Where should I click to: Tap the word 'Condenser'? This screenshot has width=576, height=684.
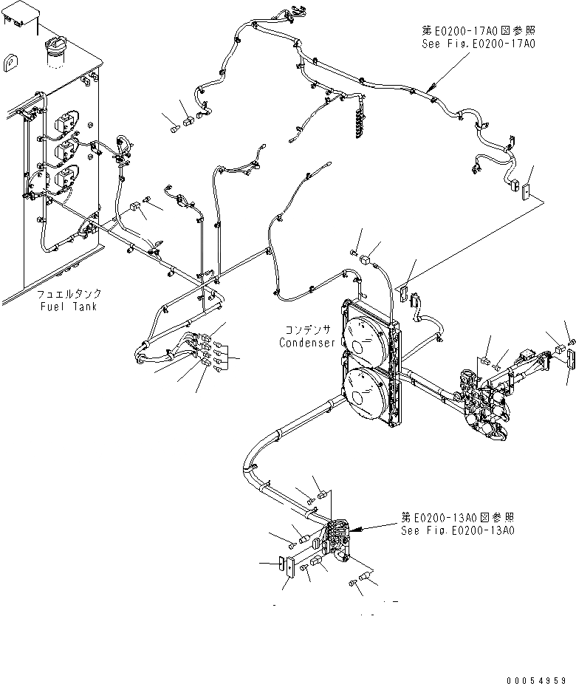(308, 343)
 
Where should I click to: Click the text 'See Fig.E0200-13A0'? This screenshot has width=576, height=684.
(457, 530)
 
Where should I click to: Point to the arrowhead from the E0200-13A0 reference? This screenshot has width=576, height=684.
(351, 530)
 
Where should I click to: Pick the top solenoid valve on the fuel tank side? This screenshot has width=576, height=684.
(69, 119)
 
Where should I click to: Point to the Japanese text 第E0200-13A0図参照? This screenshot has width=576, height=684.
(457, 517)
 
